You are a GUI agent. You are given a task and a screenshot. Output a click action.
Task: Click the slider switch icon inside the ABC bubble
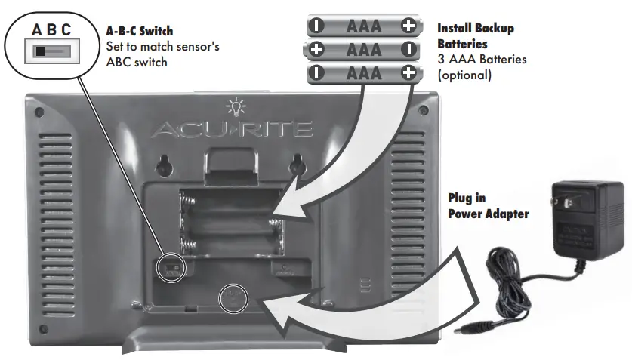45,53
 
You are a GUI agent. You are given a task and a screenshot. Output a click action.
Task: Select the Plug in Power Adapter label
486,205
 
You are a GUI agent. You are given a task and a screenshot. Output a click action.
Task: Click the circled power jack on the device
233,297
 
